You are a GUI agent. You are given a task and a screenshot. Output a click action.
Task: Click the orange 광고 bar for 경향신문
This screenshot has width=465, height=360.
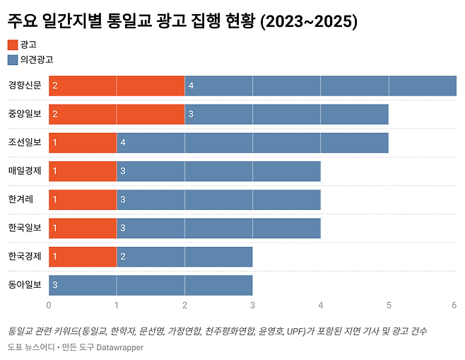click(x=117, y=85)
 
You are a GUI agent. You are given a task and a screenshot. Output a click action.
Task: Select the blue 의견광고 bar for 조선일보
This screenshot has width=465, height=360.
click(x=252, y=142)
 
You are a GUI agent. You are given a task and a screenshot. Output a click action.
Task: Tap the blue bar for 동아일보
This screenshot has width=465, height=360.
click(x=151, y=285)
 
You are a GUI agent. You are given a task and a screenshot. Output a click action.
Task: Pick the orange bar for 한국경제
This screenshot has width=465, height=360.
click(x=83, y=256)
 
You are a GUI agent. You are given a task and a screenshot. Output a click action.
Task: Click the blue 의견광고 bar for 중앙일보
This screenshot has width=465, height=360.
click(x=286, y=114)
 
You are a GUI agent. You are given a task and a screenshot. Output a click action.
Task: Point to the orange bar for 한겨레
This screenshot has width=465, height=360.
click(x=83, y=199)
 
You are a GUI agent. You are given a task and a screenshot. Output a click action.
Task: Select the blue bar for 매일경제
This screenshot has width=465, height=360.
click(x=218, y=170)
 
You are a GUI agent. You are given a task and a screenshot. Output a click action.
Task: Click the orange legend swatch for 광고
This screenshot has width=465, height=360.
click(x=13, y=45)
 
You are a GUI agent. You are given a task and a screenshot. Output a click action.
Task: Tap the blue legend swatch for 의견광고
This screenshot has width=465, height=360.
click(x=13, y=60)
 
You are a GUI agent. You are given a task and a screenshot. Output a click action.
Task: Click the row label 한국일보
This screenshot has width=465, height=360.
click(x=25, y=228)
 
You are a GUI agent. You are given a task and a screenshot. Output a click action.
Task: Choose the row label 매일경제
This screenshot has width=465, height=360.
click(x=25, y=170)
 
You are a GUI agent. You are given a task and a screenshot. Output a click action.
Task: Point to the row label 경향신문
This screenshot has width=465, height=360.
click(x=25, y=85)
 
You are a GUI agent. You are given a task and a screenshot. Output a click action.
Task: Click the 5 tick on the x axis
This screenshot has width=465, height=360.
click(x=389, y=305)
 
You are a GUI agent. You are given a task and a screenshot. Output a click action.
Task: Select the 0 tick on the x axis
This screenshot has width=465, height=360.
click(x=49, y=305)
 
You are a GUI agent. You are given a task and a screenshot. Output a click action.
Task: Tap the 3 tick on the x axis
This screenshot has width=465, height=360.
click(x=252, y=305)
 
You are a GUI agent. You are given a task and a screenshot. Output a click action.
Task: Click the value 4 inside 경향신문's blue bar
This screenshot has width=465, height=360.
click(x=191, y=86)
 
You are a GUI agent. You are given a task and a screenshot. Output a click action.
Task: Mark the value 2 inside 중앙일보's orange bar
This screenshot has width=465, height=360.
click(x=55, y=114)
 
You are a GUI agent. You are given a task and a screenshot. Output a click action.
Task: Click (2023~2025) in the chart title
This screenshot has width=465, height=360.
click(x=309, y=22)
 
